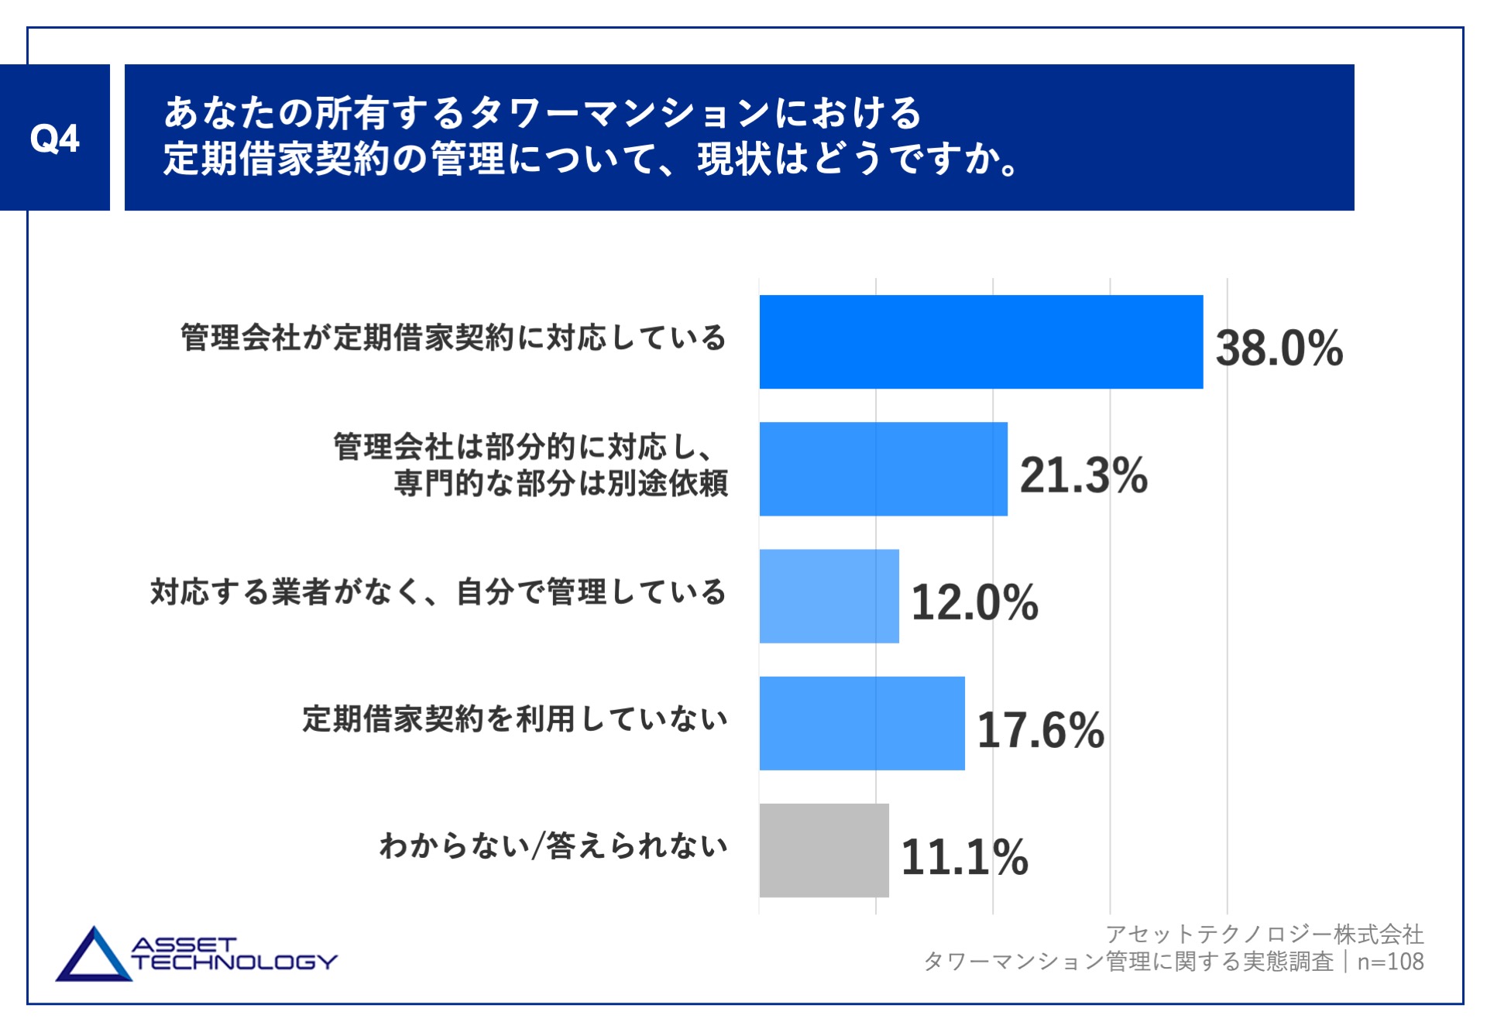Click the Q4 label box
coord(54,138)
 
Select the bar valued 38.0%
coord(980,341)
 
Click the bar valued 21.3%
coord(883,468)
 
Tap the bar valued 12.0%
coord(829,596)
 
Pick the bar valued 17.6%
coord(861,723)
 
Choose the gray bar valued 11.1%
coord(823,850)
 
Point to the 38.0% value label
coord(1279,348)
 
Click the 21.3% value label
coord(1083,475)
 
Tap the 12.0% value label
coord(974,602)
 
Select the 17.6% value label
coord(1040,729)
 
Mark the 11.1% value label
coord(964,857)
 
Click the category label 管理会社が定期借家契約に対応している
coord(453,338)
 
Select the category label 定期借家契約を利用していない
coord(514,719)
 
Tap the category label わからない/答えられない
coord(553,845)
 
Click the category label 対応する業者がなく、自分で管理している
coord(438,592)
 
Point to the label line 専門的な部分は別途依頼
coord(561,484)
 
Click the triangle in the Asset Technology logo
coord(93,959)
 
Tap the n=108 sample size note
coord(1390,962)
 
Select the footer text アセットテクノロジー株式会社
coord(1264,935)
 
